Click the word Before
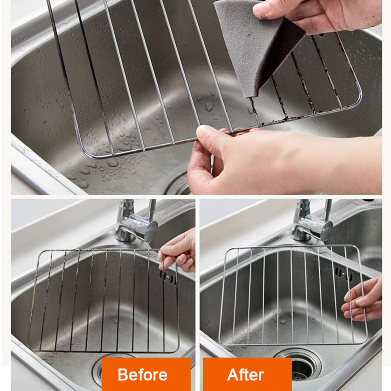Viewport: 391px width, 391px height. click(142, 375)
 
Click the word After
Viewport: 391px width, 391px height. click(245, 375)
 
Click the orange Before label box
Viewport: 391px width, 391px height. click(146, 374)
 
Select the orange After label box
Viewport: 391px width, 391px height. click(247, 374)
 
